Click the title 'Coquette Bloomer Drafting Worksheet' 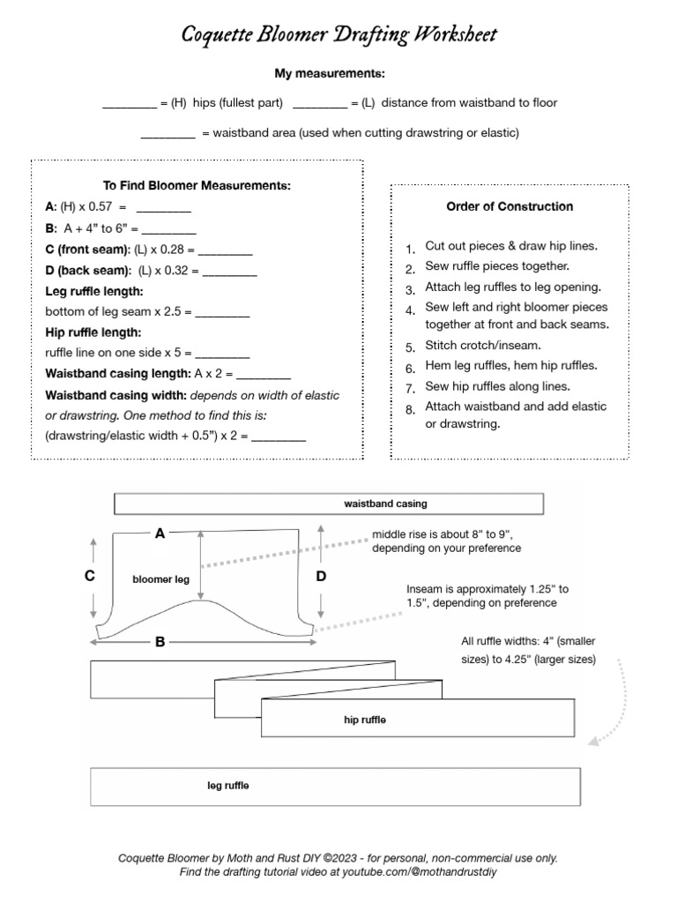[x=338, y=34]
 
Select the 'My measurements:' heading [x=338, y=75]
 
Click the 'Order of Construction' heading [x=510, y=206]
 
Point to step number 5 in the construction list [x=410, y=347]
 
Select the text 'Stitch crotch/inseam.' [x=483, y=346]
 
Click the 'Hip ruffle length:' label [x=93, y=332]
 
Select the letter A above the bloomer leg [x=160, y=533]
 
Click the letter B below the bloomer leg [x=160, y=642]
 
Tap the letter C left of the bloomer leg [x=89, y=576]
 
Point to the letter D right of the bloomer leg [x=321, y=576]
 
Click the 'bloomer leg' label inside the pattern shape [x=160, y=579]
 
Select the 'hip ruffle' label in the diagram [x=365, y=720]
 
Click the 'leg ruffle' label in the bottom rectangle [x=227, y=786]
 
